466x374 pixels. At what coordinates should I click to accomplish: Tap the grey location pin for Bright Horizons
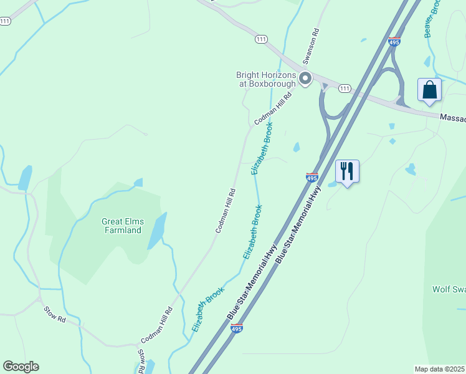305,79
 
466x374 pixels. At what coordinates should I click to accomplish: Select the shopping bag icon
430,90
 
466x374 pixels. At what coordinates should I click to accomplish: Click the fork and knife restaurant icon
348,171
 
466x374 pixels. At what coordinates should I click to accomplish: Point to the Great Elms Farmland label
121,226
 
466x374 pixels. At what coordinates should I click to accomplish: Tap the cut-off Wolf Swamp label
449,289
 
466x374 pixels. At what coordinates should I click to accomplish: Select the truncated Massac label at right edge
452,117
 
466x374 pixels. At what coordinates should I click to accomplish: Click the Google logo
21,367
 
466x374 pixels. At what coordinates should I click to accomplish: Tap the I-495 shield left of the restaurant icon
313,178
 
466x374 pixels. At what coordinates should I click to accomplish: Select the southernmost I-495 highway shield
236,328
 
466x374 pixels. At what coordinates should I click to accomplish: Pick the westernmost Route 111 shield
5,21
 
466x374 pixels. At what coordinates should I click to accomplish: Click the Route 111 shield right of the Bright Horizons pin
345,89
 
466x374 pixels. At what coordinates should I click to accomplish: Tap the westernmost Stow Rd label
55,314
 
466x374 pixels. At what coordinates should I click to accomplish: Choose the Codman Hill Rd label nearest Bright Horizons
273,109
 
